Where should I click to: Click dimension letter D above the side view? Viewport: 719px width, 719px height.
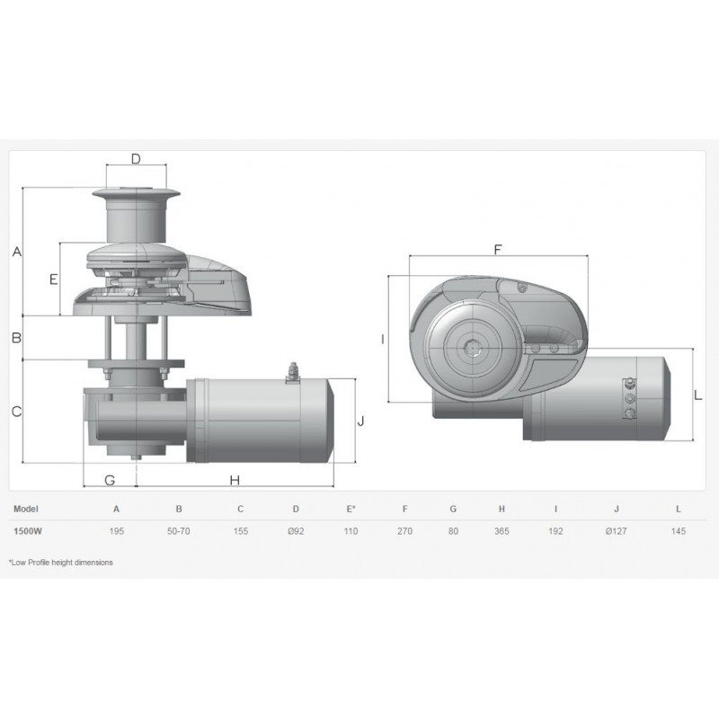click(x=136, y=159)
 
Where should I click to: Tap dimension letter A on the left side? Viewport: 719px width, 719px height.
click(x=17, y=252)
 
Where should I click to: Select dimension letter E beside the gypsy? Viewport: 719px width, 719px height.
click(x=54, y=279)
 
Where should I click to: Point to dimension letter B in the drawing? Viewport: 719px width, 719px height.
click(x=16, y=338)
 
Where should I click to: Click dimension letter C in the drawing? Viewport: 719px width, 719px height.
click(x=16, y=412)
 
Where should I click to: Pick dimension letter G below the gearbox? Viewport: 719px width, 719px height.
click(x=110, y=480)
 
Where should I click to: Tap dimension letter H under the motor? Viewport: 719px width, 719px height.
click(x=235, y=480)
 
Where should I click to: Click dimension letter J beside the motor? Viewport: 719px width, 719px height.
click(x=361, y=421)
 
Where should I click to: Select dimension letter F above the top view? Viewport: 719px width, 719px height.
click(x=498, y=250)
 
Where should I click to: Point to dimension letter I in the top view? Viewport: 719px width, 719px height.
click(x=383, y=340)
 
